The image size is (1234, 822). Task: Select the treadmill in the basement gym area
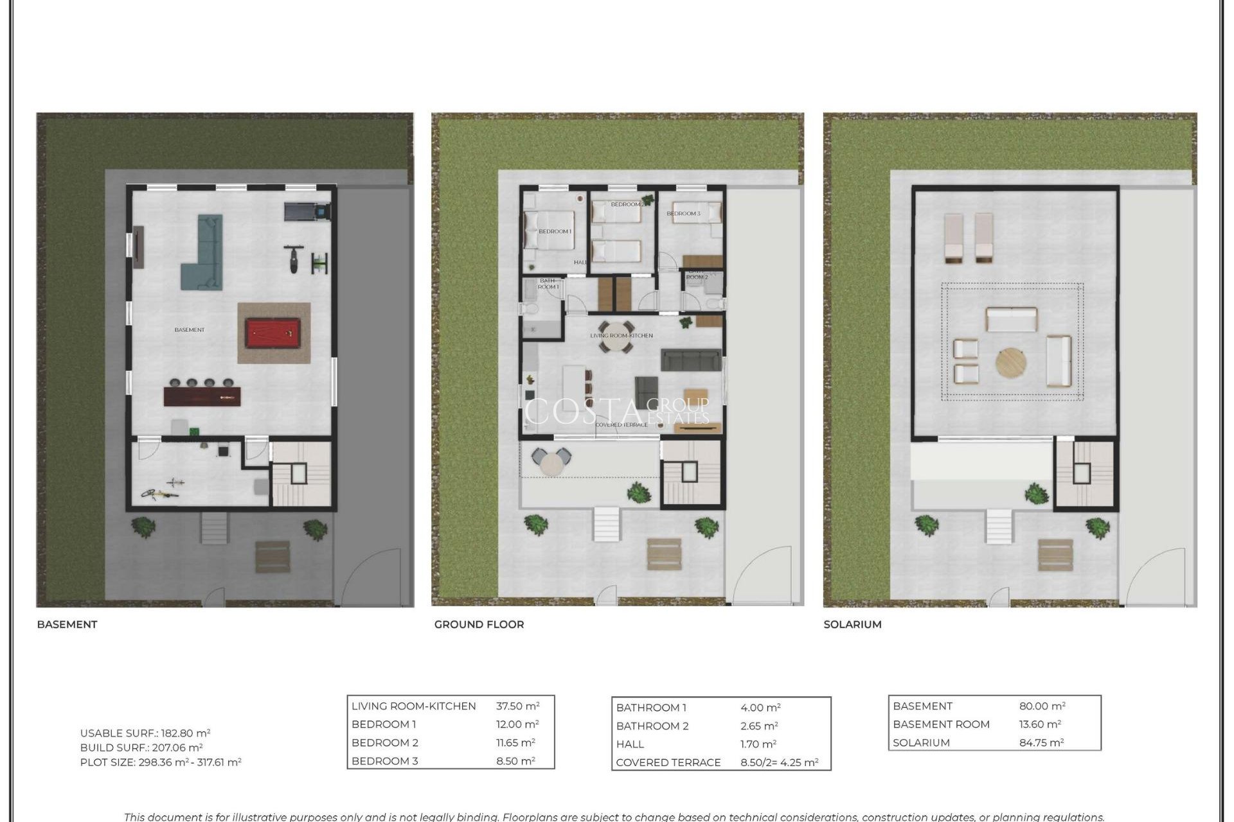(307, 211)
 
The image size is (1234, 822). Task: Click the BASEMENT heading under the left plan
(67, 624)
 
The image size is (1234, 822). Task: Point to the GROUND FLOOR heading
(479, 624)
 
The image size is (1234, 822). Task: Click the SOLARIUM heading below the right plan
(852, 624)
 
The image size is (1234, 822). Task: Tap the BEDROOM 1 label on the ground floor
(554, 231)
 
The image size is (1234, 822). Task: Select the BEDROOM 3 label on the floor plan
(683, 213)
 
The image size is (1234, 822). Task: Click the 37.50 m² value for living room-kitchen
(517, 706)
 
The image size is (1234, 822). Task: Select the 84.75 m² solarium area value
(1041, 742)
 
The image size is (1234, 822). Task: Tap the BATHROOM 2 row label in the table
(652, 726)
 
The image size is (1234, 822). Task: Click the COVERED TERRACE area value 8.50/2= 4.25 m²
(779, 762)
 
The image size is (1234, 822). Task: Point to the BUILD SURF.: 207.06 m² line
(141, 748)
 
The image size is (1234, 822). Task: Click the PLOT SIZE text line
(161, 762)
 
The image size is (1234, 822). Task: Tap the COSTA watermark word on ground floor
(582, 412)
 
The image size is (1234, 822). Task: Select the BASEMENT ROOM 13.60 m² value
(1039, 724)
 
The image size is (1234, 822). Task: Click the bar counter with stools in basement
(202, 395)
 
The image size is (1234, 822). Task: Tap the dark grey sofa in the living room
(691, 360)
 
